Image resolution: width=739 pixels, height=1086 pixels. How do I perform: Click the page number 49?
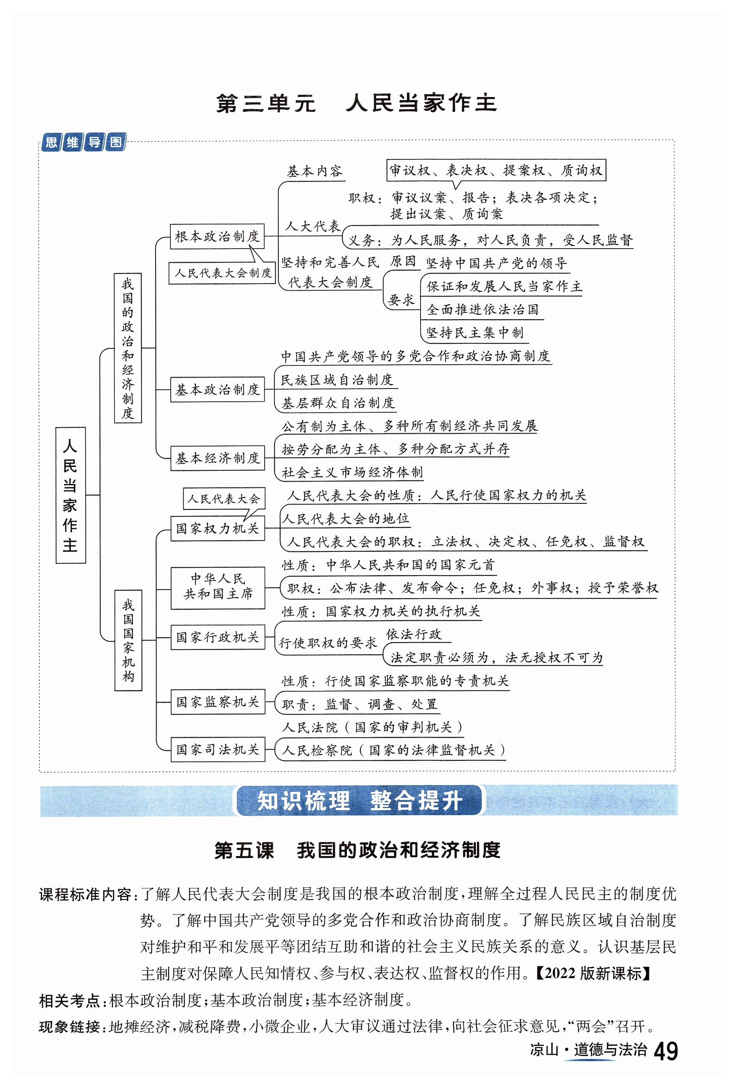[665, 1051]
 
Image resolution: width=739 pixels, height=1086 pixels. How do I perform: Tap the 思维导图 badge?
[83, 142]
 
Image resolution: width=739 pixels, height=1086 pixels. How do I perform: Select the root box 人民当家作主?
[71, 495]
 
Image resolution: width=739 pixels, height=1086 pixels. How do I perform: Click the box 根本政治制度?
[217, 237]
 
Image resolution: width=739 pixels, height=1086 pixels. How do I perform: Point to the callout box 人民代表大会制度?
[222, 273]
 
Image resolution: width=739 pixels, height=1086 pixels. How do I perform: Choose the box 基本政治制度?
[217, 389]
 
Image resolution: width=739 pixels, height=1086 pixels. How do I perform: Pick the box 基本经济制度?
[217, 458]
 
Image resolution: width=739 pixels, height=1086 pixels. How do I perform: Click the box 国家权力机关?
[217, 528]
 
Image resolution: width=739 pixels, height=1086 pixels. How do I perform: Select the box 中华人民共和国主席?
[218, 587]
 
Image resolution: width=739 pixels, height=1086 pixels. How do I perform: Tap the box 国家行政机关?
[217, 637]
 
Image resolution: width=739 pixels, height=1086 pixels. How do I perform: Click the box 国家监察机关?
[217, 701]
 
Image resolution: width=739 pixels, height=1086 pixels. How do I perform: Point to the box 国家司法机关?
[217, 749]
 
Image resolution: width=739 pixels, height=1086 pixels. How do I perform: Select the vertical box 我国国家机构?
[128, 640]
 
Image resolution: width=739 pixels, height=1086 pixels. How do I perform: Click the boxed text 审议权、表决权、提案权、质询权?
[496, 170]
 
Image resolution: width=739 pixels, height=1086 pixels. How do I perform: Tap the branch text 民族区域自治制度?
[336, 380]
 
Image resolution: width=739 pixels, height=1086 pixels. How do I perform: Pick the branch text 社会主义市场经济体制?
[352, 472]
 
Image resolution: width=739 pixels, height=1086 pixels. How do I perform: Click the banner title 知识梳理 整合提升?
[359, 801]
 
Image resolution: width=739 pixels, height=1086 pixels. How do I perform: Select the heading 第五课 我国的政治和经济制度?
[357, 851]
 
